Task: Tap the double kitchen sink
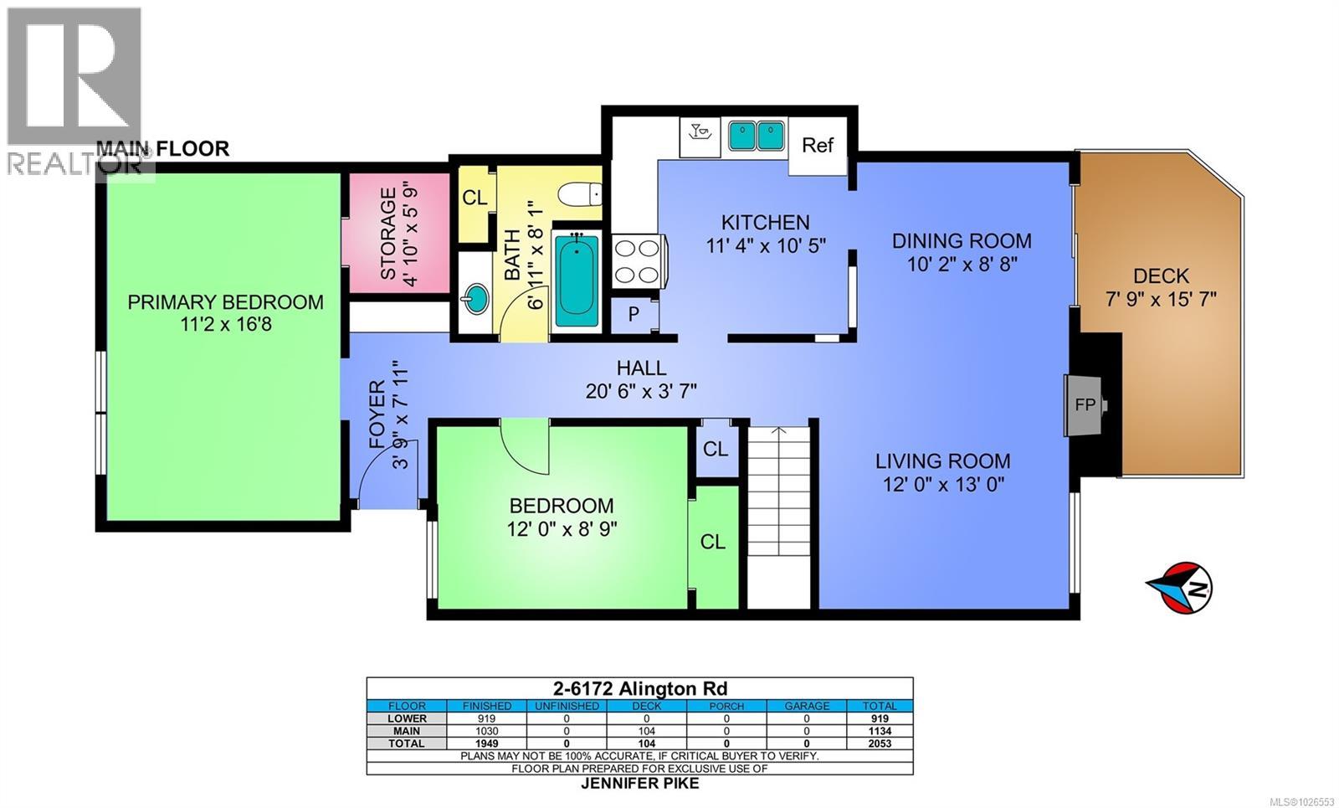pos(757,135)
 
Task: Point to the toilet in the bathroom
pos(579,194)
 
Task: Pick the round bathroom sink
pos(477,299)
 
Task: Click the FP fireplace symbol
pos(1085,404)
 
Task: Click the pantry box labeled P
pos(634,315)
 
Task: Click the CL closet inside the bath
pos(475,198)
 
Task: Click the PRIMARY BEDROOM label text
pos(225,302)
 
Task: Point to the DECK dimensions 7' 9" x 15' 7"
pos(1161,299)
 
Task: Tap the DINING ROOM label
pos(961,241)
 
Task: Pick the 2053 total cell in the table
pos(879,744)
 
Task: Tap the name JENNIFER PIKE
pos(639,784)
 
